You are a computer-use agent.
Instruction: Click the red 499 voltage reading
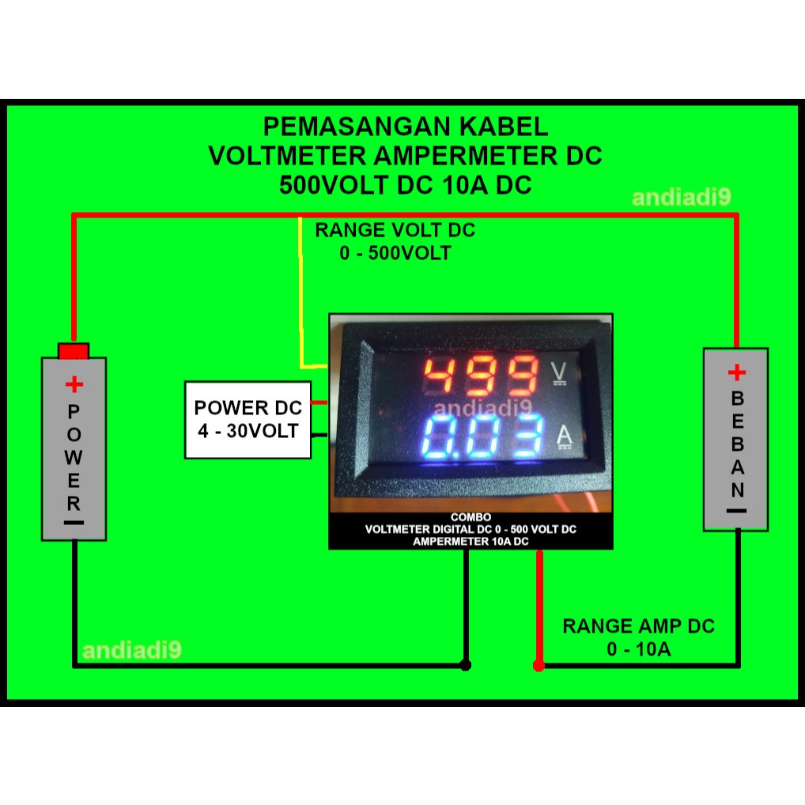[480, 375]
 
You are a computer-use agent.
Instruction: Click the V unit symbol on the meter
[559, 371]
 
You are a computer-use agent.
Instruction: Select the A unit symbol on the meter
[565, 435]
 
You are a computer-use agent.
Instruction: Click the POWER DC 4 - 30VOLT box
[248, 419]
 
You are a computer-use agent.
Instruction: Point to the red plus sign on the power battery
[74, 385]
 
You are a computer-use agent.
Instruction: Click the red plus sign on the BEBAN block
[736, 372]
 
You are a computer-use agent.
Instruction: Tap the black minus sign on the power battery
[74, 523]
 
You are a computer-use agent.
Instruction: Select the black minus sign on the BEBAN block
[736, 511]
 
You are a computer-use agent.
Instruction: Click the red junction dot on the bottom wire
[539, 666]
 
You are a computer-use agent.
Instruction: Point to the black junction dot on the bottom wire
[466, 666]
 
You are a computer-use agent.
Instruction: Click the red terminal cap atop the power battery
[74, 350]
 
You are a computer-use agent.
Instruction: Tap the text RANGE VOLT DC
[395, 231]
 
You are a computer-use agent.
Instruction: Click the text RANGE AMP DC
[638, 626]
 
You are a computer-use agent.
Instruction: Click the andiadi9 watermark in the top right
[681, 198]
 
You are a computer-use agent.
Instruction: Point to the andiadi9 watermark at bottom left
[132, 651]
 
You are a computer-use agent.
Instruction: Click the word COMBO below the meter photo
[471, 517]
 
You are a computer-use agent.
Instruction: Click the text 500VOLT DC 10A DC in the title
[405, 185]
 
